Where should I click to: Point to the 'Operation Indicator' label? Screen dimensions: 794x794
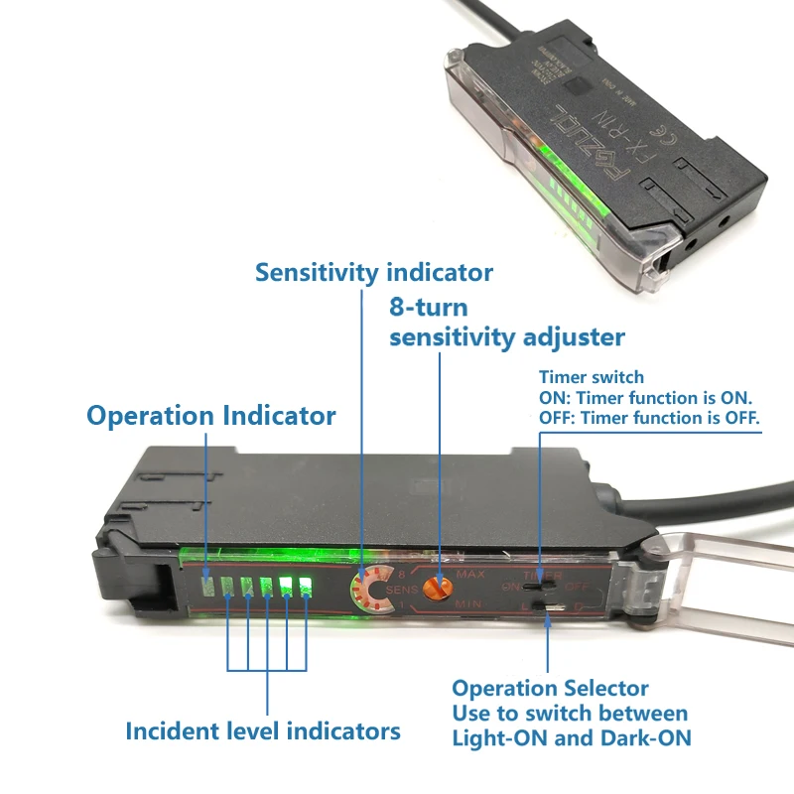click(x=210, y=415)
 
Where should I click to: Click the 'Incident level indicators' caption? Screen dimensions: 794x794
click(x=262, y=731)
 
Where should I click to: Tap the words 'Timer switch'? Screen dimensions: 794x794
click(x=591, y=377)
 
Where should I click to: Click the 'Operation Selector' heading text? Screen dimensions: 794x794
click(x=550, y=688)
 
